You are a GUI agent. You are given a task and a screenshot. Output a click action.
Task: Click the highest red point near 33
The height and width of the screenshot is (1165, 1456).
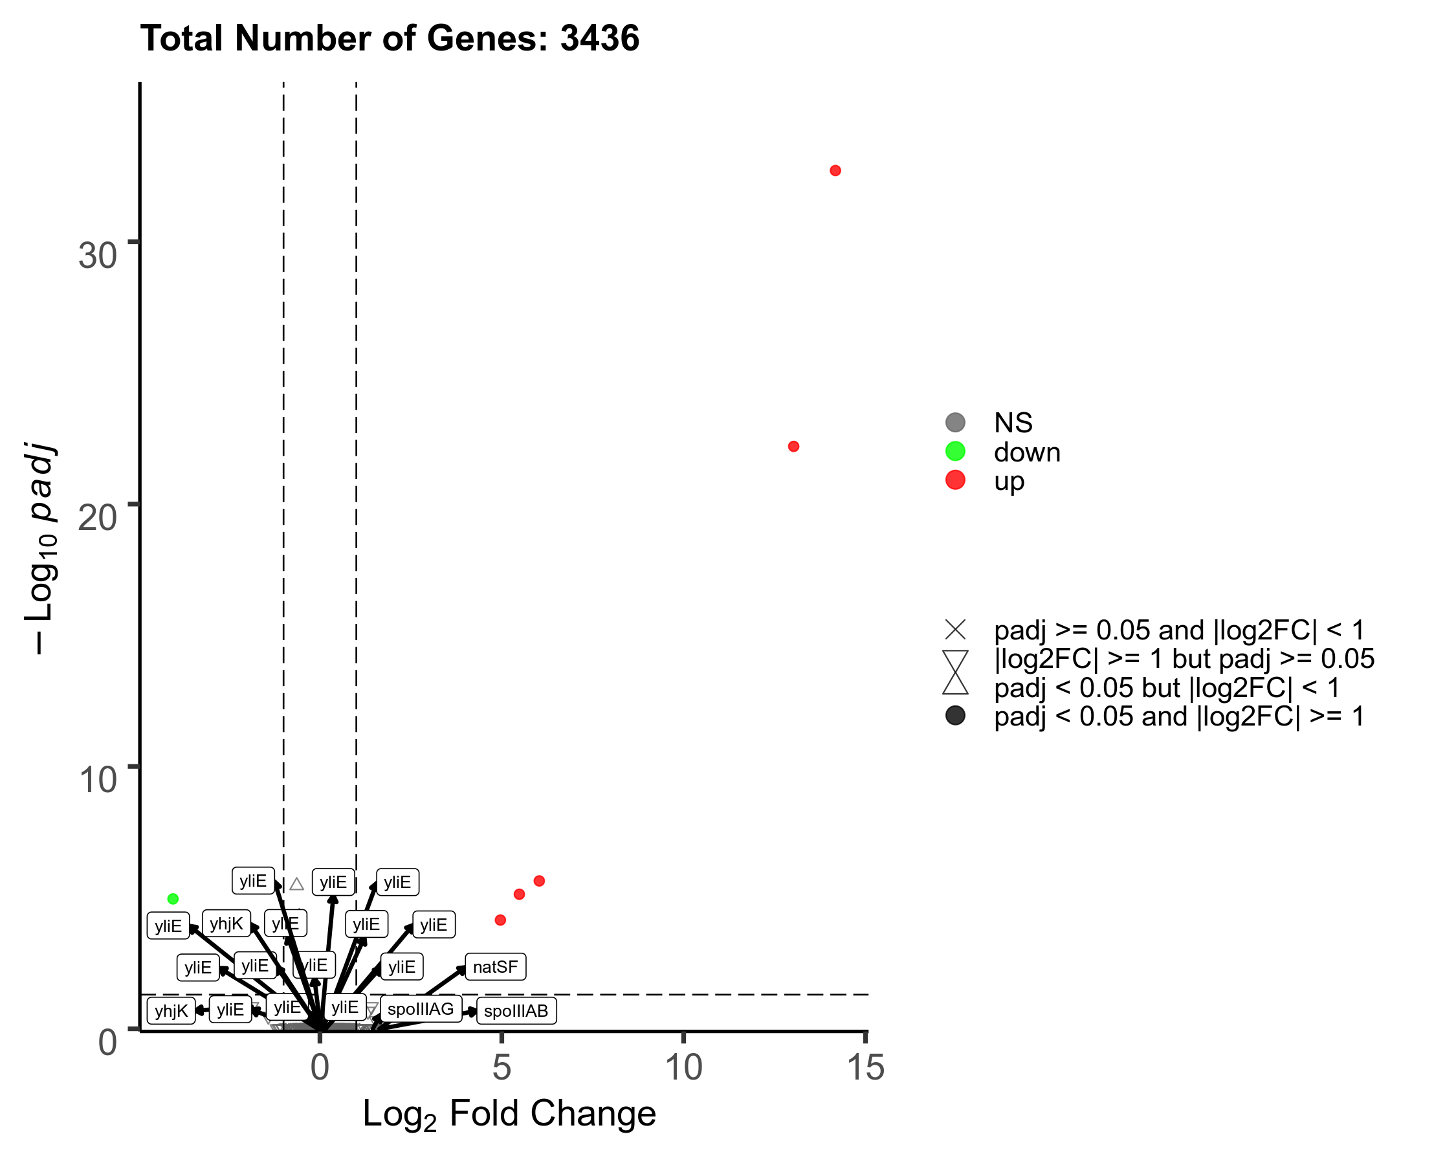coord(835,171)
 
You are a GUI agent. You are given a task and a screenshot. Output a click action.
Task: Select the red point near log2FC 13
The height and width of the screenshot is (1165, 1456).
coord(793,447)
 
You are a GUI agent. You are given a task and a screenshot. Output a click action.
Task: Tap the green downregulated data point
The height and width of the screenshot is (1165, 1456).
coord(173,899)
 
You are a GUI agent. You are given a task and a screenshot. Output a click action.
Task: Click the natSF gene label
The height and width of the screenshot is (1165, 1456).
coord(495,967)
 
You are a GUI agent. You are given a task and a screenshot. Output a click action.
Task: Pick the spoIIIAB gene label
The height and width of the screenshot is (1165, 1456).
coord(516,1011)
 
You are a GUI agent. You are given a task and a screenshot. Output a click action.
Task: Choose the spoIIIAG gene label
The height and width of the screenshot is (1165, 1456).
coord(420,1009)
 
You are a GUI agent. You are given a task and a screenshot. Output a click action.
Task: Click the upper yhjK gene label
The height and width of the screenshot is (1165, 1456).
coord(226,924)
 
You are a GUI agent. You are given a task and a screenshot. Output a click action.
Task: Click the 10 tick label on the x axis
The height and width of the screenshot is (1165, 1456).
coord(683,1068)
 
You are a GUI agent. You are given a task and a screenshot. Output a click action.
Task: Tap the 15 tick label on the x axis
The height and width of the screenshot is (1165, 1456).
coord(865,1068)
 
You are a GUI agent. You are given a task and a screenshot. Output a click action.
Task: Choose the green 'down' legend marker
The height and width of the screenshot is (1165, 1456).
coord(956,452)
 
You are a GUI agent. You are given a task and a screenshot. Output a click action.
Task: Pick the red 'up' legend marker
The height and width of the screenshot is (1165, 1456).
coord(956,481)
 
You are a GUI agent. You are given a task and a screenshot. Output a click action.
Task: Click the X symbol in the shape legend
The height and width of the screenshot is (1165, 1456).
coord(956,630)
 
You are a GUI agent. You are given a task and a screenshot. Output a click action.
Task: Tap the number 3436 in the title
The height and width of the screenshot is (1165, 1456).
coord(600,38)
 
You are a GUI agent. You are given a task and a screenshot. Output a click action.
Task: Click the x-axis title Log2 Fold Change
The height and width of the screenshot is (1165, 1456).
coord(509,1114)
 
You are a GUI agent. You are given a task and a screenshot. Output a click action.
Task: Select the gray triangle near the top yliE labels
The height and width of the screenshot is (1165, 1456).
coord(296,884)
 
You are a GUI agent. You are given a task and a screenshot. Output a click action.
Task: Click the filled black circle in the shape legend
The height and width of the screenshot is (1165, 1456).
coord(956,716)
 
